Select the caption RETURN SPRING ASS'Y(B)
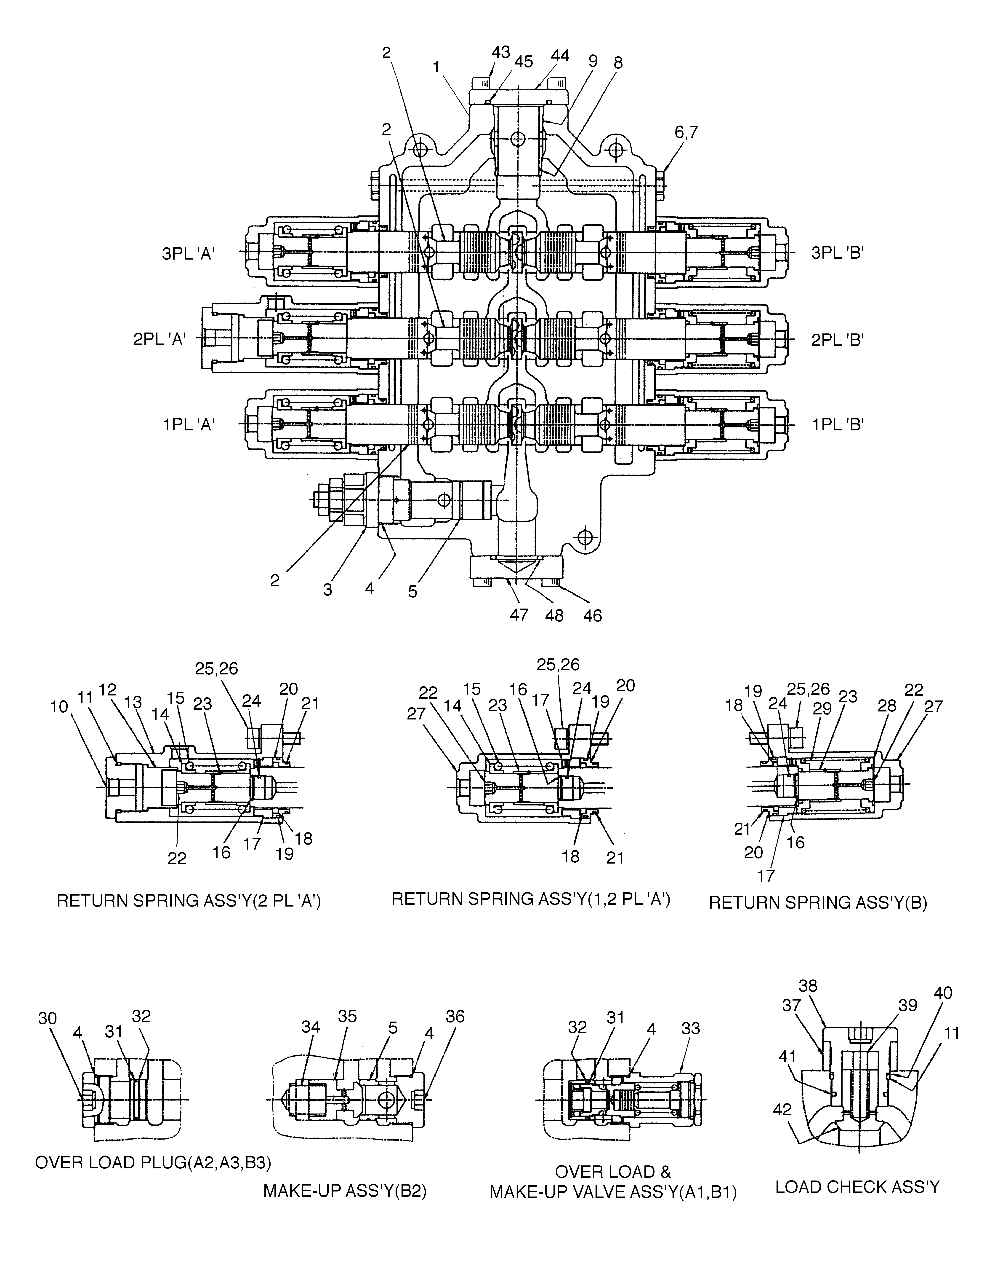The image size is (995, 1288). pos(818,903)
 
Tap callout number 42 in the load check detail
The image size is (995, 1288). pos(783,1110)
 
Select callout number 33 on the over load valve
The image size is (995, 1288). pos(690,1028)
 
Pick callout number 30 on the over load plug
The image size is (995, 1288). pos(48,1019)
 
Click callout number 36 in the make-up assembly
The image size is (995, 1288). pos(455,1016)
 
